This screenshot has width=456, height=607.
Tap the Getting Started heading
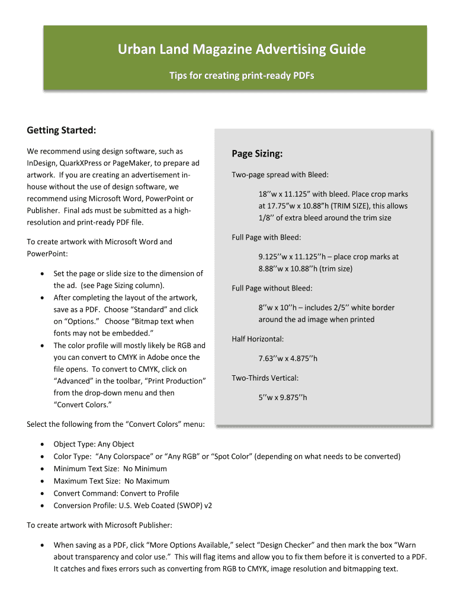pos(62,130)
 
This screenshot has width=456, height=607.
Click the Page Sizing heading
pos(257,154)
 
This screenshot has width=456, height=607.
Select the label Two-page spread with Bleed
pos(280,175)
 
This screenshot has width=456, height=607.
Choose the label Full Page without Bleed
pos(272,289)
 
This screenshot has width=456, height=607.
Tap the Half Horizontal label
pos(258,339)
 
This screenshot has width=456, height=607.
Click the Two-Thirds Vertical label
pos(265,378)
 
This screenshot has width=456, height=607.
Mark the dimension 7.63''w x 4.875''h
pos(288,359)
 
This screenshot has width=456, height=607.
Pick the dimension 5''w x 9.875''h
pos(282,397)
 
